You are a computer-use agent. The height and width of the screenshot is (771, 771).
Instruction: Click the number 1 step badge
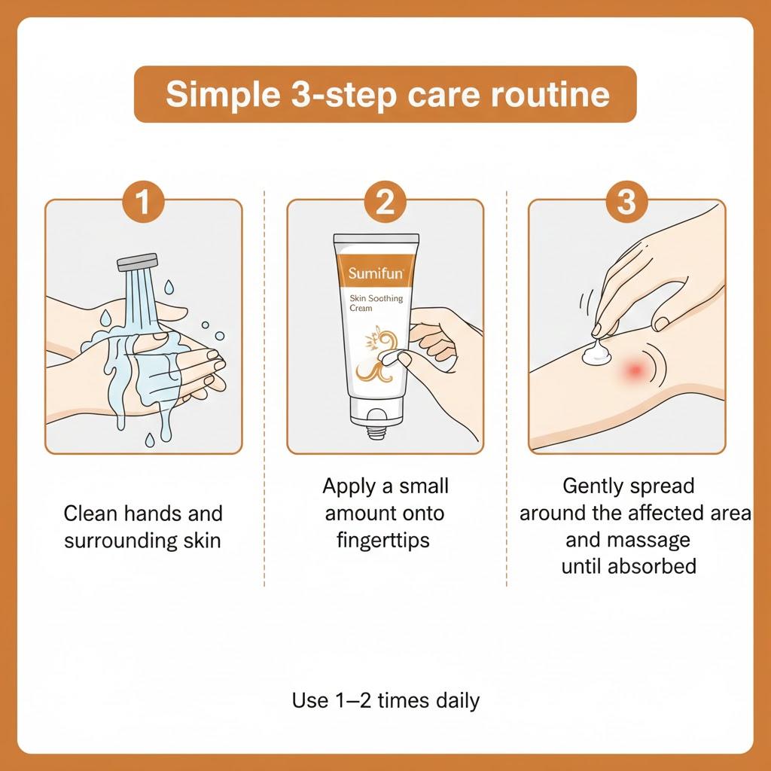pos(143,201)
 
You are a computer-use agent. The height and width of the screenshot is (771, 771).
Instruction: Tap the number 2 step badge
pos(385,201)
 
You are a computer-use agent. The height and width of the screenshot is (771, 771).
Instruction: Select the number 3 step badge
pos(626,201)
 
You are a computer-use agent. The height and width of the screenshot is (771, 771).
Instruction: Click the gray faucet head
pos(136,262)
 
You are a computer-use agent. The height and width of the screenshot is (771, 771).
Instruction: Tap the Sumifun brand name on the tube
pos(376,273)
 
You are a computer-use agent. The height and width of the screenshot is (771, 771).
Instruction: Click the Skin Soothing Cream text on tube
pos(376,303)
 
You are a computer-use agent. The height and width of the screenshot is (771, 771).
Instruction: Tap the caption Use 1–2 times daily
pos(385,701)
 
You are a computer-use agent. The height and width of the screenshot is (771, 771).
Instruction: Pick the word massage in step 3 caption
pos(651,540)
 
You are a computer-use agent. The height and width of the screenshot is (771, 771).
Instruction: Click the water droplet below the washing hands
pos(148,437)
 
